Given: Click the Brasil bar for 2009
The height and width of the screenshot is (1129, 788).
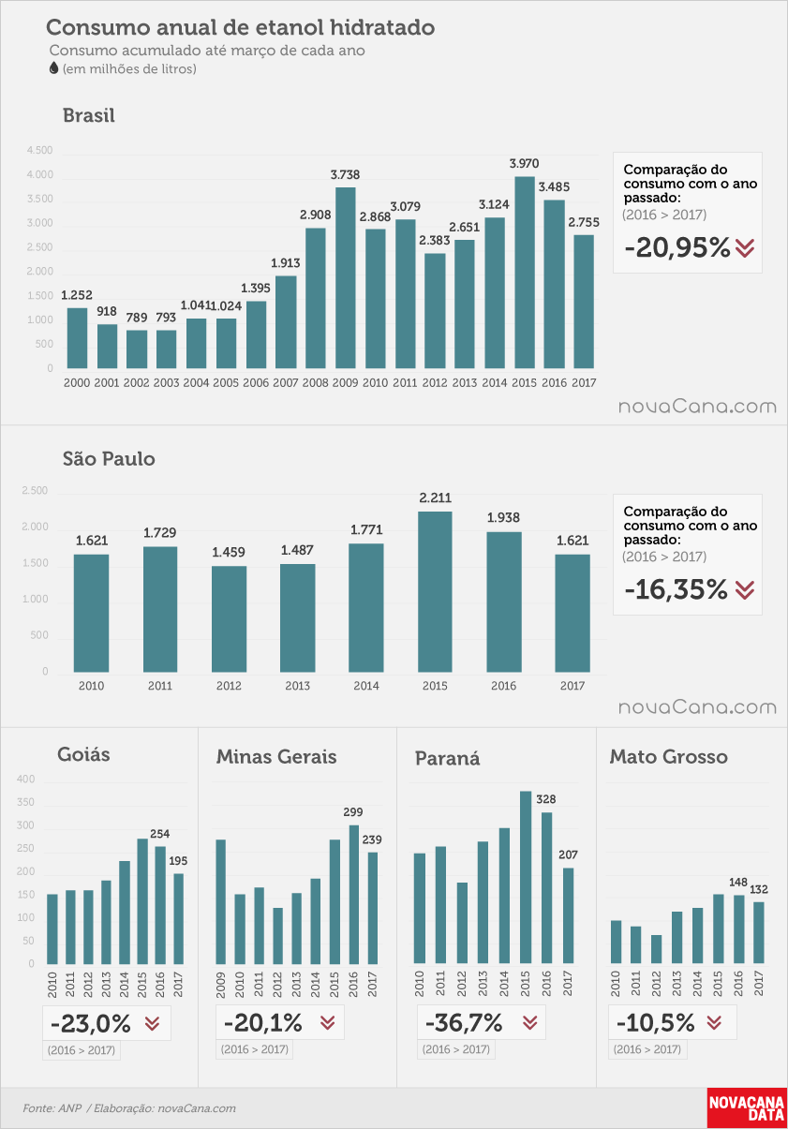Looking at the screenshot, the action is click(346, 277).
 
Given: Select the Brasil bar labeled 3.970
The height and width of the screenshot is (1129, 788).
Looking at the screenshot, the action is click(525, 272).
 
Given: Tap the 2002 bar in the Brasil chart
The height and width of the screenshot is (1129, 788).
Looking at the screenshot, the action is click(137, 349).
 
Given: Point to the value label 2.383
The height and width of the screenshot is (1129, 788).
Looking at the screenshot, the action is click(434, 241).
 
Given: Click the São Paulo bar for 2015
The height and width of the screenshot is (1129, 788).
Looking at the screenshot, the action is click(435, 592).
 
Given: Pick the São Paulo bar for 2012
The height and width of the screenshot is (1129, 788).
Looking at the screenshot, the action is click(229, 619).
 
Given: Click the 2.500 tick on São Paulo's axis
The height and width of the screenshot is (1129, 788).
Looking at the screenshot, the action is click(35, 490).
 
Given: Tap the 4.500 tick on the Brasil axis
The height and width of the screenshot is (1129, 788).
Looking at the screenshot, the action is click(40, 150).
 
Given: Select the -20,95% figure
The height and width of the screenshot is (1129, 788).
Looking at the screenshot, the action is click(677, 247).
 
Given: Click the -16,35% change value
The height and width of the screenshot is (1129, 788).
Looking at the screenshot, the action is click(676, 589).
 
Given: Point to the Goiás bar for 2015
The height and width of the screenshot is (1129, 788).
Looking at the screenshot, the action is click(142, 901).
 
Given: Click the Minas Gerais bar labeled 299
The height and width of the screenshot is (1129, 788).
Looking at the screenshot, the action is click(354, 895).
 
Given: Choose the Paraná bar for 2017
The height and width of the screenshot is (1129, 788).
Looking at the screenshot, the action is click(568, 915).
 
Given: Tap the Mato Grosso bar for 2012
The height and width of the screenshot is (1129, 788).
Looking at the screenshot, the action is click(656, 949).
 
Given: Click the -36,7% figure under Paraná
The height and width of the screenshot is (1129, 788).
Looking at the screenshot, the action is click(464, 1022).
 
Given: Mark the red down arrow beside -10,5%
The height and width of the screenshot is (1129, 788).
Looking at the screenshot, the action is click(714, 1022).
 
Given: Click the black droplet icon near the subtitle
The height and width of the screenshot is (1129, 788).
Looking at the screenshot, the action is click(54, 68).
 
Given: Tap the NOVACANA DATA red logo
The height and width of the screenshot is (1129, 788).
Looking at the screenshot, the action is click(747, 1107).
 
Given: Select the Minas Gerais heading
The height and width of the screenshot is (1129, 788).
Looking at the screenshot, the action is click(276, 756).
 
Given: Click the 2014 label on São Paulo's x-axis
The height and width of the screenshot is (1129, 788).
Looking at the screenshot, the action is click(366, 686).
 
